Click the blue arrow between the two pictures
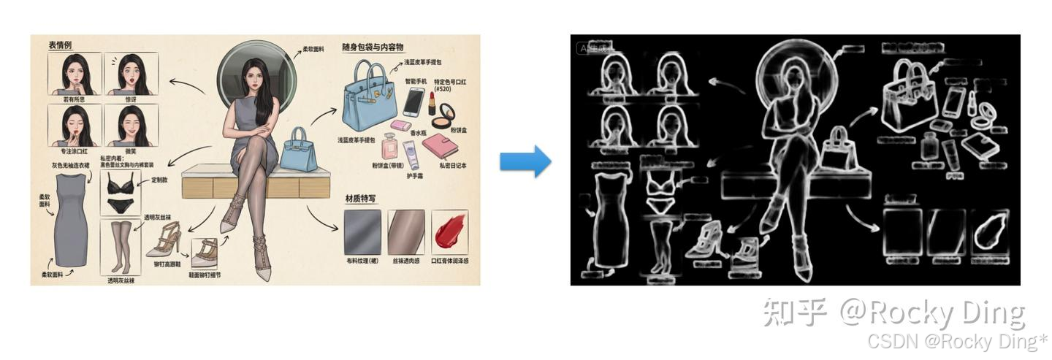(x=525, y=161)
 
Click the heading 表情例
(x=60, y=45)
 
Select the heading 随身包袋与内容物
(x=373, y=47)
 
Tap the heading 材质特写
(x=360, y=199)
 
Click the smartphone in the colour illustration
(x=413, y=102)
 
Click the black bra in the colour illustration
(x=120, y=185)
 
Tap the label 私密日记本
(x=453, y=166)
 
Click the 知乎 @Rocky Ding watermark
(x=893, y=313)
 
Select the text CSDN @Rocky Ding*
(x=956, y=341)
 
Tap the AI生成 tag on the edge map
(x=594, y=48)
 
